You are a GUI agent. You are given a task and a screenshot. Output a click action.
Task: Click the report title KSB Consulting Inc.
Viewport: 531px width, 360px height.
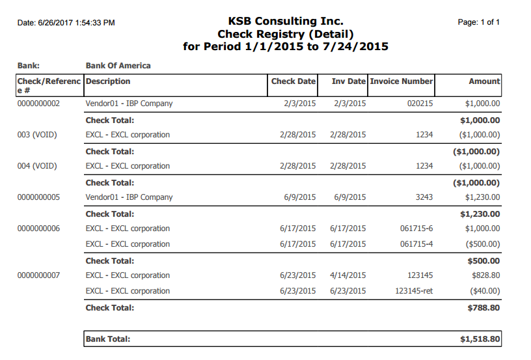pyautogui.click(x=286, y=21)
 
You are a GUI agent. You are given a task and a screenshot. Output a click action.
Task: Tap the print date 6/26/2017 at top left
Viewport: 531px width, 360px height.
pyautogui.click(x=55, y=23)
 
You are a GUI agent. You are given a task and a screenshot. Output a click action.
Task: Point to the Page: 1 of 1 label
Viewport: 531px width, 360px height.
pyautogui.click(x=478, y=22)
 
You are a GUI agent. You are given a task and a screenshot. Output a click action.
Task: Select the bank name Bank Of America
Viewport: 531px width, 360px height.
pyautogui.click(x=118, y=66)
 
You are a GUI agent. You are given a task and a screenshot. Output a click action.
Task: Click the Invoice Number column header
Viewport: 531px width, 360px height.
pyautogui.click(x=402, y=81)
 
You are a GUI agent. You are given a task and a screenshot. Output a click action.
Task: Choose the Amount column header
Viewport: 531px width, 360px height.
pyautogui.click(x=484, y=81)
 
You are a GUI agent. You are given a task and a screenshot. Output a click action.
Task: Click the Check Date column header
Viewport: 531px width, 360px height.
pyautogui.click(x=293, y=81)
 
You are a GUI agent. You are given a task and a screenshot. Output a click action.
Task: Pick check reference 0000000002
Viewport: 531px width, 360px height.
pyautogui.click(x=38, y=104)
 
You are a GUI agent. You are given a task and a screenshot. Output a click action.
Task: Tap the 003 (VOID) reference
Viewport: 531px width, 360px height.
pyautogui.click(x=37, y=135)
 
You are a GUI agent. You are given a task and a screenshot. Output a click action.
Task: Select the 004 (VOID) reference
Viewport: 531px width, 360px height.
pyautogui.click(x=37, y=166)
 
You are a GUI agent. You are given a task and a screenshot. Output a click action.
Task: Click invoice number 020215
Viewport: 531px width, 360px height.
pyautogui.click(x=420, y=104)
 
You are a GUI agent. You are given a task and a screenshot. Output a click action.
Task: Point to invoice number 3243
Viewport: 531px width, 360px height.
pyautogui.click(x=424, y=197)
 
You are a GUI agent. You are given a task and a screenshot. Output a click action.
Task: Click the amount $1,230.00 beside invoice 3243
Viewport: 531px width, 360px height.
pyautogui.click(x=483, y=197)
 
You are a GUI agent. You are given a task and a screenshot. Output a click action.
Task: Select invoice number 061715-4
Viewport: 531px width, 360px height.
pyautogui.click(x=416, y=244)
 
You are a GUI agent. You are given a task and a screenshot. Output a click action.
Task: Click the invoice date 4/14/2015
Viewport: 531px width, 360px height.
pyautogui.click(x=348, y=275)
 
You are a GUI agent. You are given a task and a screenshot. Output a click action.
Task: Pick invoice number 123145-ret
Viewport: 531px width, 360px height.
pyautogui.click(x=414, y=291)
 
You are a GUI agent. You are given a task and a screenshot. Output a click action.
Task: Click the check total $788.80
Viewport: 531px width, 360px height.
pyautogui.click(x=483, y=308)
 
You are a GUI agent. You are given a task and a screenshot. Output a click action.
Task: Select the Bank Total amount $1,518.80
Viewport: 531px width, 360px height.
pyautogui.click(x=480, y=339)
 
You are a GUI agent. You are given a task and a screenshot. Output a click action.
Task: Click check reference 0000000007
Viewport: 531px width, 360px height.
pyautogui.click(x=38, y=275)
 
